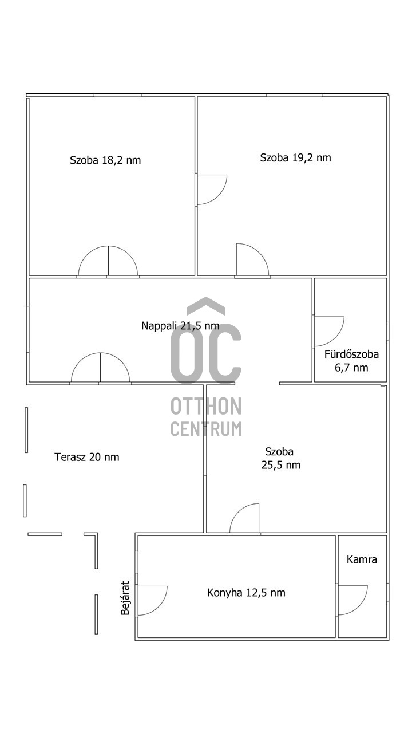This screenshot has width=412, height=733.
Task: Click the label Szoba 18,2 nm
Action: coord(105,160)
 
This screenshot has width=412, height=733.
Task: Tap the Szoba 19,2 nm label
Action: coord(295,158)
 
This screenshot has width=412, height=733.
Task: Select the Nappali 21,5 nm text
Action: coord(180,326)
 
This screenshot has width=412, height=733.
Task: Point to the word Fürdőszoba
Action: coord(351,354)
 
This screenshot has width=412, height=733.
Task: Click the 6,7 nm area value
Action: coord(351,368)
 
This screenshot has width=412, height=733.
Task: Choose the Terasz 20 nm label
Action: coord(87,457)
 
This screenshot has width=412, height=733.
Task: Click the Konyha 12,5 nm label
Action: coord(246,593)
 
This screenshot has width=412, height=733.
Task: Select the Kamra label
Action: coord(362,559)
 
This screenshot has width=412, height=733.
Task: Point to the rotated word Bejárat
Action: coord(125,598)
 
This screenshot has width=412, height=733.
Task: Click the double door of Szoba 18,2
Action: coord(108,262)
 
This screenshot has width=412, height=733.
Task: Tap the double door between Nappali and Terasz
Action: coord(100,369)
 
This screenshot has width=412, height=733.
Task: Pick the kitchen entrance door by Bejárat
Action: coord(152,600)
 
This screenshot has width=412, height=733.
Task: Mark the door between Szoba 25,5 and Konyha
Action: coord(245,519)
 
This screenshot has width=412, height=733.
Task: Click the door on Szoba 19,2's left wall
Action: coord(211,190)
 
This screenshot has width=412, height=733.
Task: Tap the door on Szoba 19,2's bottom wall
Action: coord(252,261)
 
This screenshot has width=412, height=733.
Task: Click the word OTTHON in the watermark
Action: coord(206,407)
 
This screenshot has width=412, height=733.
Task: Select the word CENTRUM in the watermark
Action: coord(206,428)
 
